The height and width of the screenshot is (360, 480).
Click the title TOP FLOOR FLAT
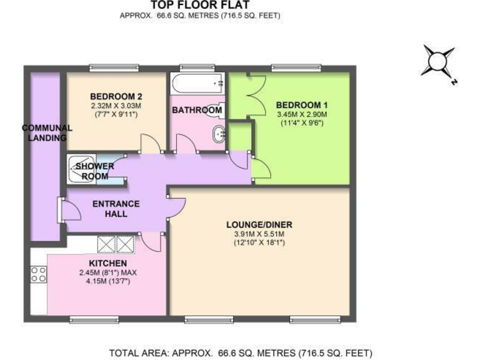click(x=201, y=6)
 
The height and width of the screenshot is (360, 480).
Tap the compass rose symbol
click(x=438, y=63)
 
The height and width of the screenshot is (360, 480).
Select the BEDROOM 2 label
click(x=116, y=96)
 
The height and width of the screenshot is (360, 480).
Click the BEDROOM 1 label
click(x=302, y=105)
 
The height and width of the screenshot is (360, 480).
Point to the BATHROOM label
click(x=197, y=111)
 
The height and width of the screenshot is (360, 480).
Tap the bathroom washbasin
click(x=219, y=132)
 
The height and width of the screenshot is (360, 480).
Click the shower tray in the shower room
click(x=81, y=169)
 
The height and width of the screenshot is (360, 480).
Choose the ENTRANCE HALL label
click(x=116, y=209)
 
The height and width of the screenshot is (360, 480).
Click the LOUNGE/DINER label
click(x=259, y=225)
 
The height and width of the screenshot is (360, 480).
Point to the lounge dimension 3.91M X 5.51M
click(x=259, y=234)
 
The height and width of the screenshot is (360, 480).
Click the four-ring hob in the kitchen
click(x=38, y=273)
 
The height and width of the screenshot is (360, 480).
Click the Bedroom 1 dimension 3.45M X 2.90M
click(x=302, y=114)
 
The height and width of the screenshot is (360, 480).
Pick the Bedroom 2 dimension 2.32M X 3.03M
click(x=116, y=106)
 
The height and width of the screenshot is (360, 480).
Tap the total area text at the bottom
click(x=241, y=352)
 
